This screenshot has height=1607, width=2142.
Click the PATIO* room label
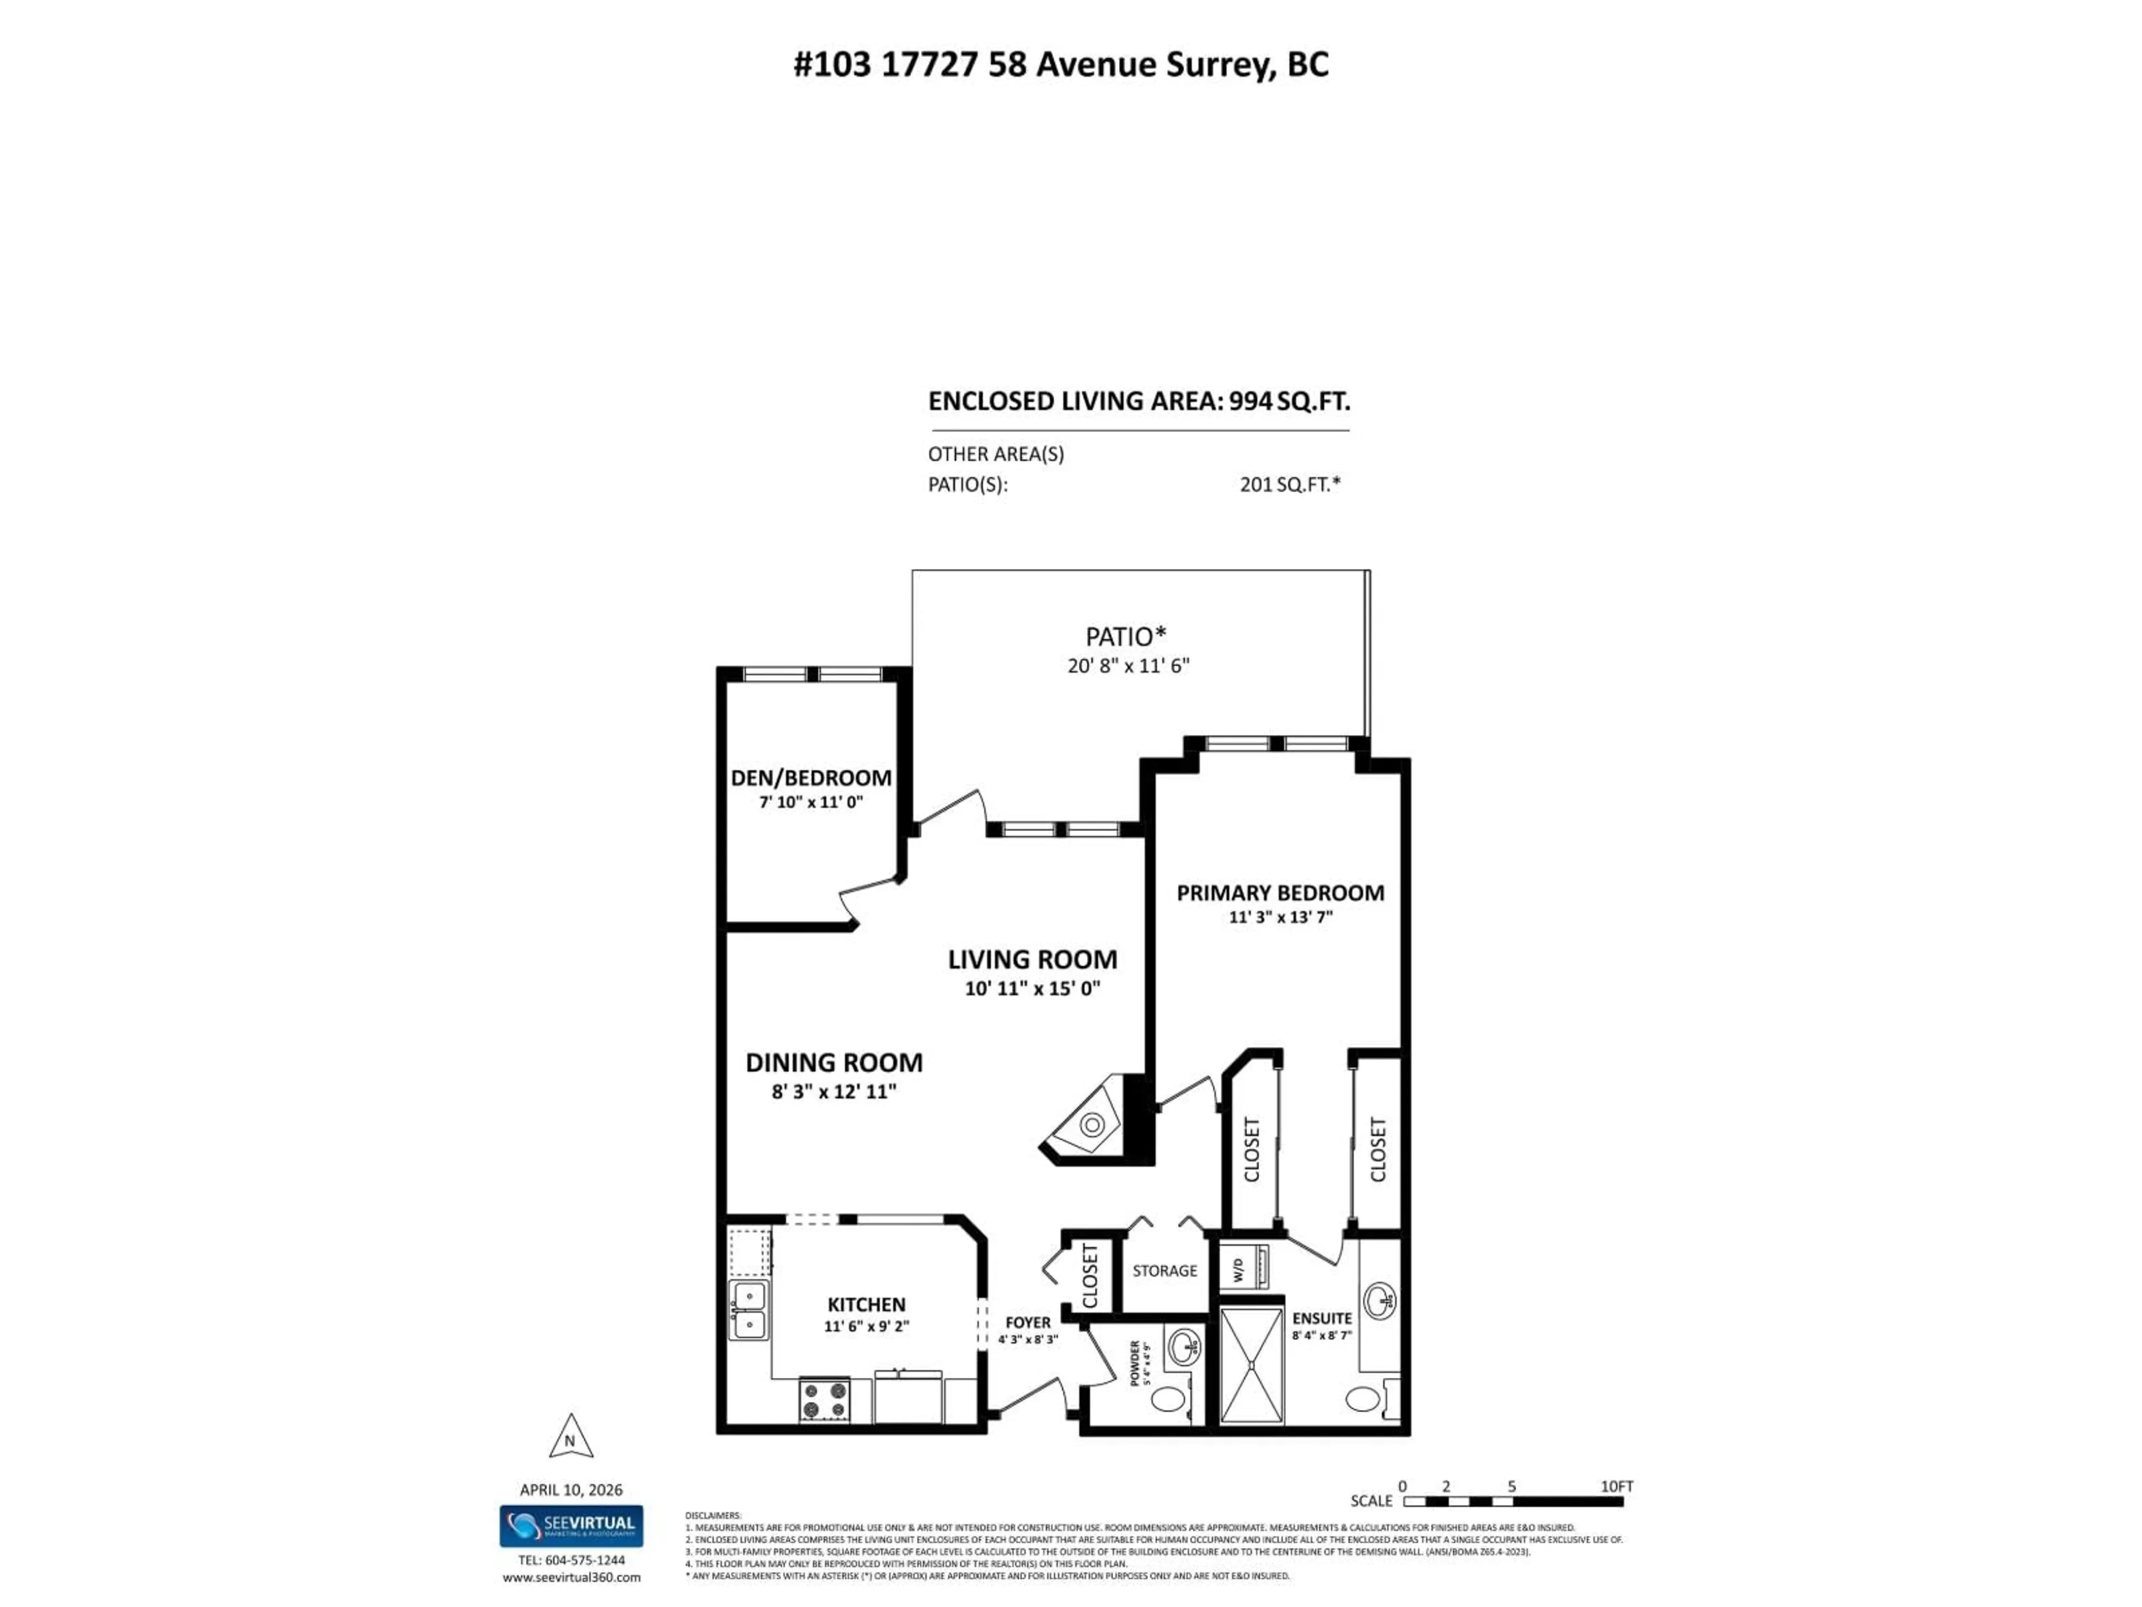(1125, 637)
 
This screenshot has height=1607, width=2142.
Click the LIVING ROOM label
(1033, 959)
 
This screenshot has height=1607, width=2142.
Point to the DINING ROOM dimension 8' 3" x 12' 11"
(834, 1091)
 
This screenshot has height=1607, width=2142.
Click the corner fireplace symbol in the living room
(1091, 1124)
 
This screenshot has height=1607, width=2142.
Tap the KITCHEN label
(866, 1305)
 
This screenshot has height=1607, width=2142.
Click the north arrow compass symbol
(570, 1437)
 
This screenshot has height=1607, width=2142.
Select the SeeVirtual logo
(571, 1526)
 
